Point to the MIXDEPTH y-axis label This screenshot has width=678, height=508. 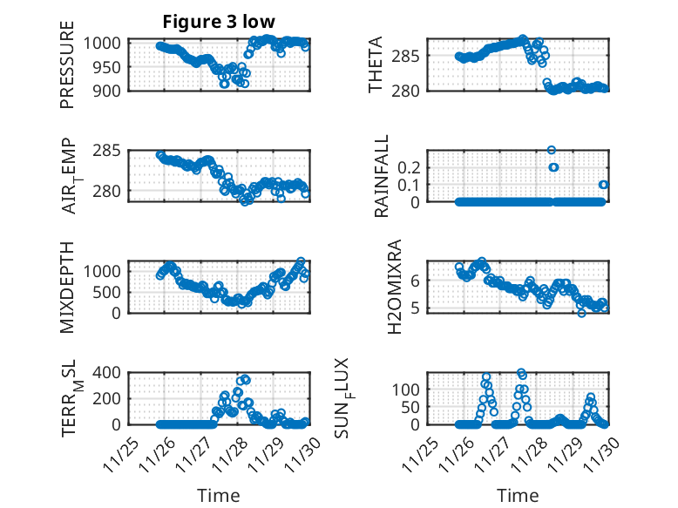click(x=67, y=288)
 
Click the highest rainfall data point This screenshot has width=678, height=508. click(x=551, y=150)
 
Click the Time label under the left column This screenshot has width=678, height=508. click(x=218, y=495)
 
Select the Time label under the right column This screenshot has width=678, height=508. click(x=518, y=495)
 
